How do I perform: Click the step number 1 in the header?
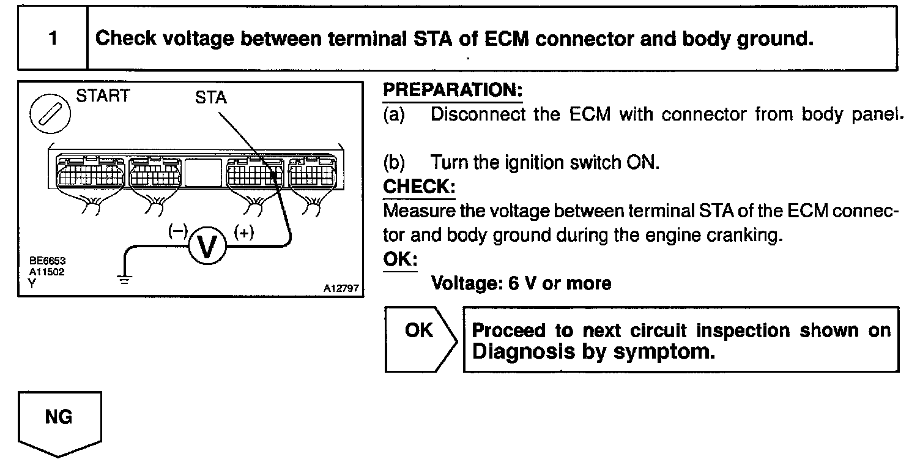click(x=53, y=39)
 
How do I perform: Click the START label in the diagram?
click(x=102, y=96)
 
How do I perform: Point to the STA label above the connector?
click(x=210, y=98)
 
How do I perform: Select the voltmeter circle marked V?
click(x=207, y=247)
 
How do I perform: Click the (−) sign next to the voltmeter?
click(x=177, y=232)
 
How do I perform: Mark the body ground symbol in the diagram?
click(x=125, y=280)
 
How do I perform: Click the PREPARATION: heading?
click(x=453, y=91)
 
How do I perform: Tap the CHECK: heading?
click(x=419, y=186)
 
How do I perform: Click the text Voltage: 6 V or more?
click(x=521, y=283)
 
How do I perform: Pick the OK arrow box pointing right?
click(x=420, y=339)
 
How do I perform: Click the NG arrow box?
click(x=59, y=423)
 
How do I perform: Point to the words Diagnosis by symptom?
click(x=593, y=352)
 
